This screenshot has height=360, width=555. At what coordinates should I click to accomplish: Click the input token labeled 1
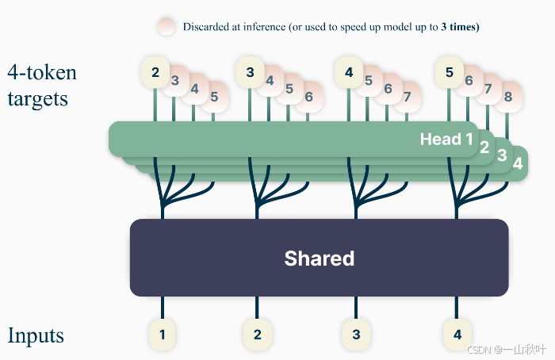(162, 335)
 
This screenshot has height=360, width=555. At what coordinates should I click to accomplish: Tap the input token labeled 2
(257, 335)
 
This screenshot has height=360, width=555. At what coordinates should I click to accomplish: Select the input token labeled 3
(355, 335)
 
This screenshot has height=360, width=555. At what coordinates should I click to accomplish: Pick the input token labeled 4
(457, 335)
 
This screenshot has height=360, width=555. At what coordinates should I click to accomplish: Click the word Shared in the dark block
(319, 258)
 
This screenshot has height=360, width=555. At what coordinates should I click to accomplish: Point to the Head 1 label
(446, 140)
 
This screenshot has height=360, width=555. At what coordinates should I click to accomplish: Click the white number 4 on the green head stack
(517, 163)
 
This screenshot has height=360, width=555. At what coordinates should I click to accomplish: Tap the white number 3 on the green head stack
(501, 155)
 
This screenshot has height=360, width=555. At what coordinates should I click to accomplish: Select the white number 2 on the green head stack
(484, 147)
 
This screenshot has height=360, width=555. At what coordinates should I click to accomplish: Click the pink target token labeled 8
(507, 97)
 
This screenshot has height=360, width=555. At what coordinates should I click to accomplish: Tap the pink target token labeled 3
(175, 80)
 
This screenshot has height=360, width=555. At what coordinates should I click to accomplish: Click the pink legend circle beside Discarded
(166, 26)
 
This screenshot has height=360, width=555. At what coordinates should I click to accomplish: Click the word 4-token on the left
(42, 73)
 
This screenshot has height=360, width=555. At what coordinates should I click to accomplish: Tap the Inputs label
(36, 335)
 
